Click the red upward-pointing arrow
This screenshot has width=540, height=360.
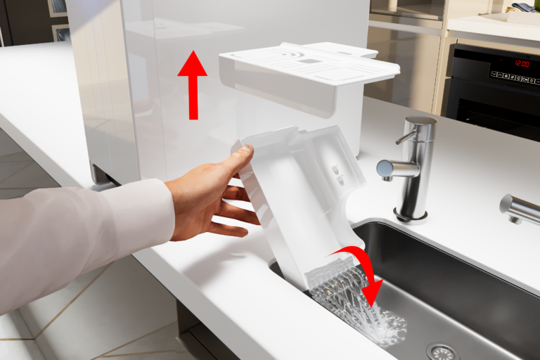coord(193,86)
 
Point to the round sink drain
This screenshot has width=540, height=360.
coord(442,352)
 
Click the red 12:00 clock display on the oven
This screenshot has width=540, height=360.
coord(522,63)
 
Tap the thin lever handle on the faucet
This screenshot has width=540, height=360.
coord(405,137)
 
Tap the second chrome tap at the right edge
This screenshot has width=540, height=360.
coord(520,208)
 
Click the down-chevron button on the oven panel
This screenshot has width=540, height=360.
coord(494,74)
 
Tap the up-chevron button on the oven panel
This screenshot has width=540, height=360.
coord(501,75)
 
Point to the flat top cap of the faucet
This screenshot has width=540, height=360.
coord(421,120)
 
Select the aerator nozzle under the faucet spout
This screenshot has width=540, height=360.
coord(388,179)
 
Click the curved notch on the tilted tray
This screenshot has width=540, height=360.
coord(346,214)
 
